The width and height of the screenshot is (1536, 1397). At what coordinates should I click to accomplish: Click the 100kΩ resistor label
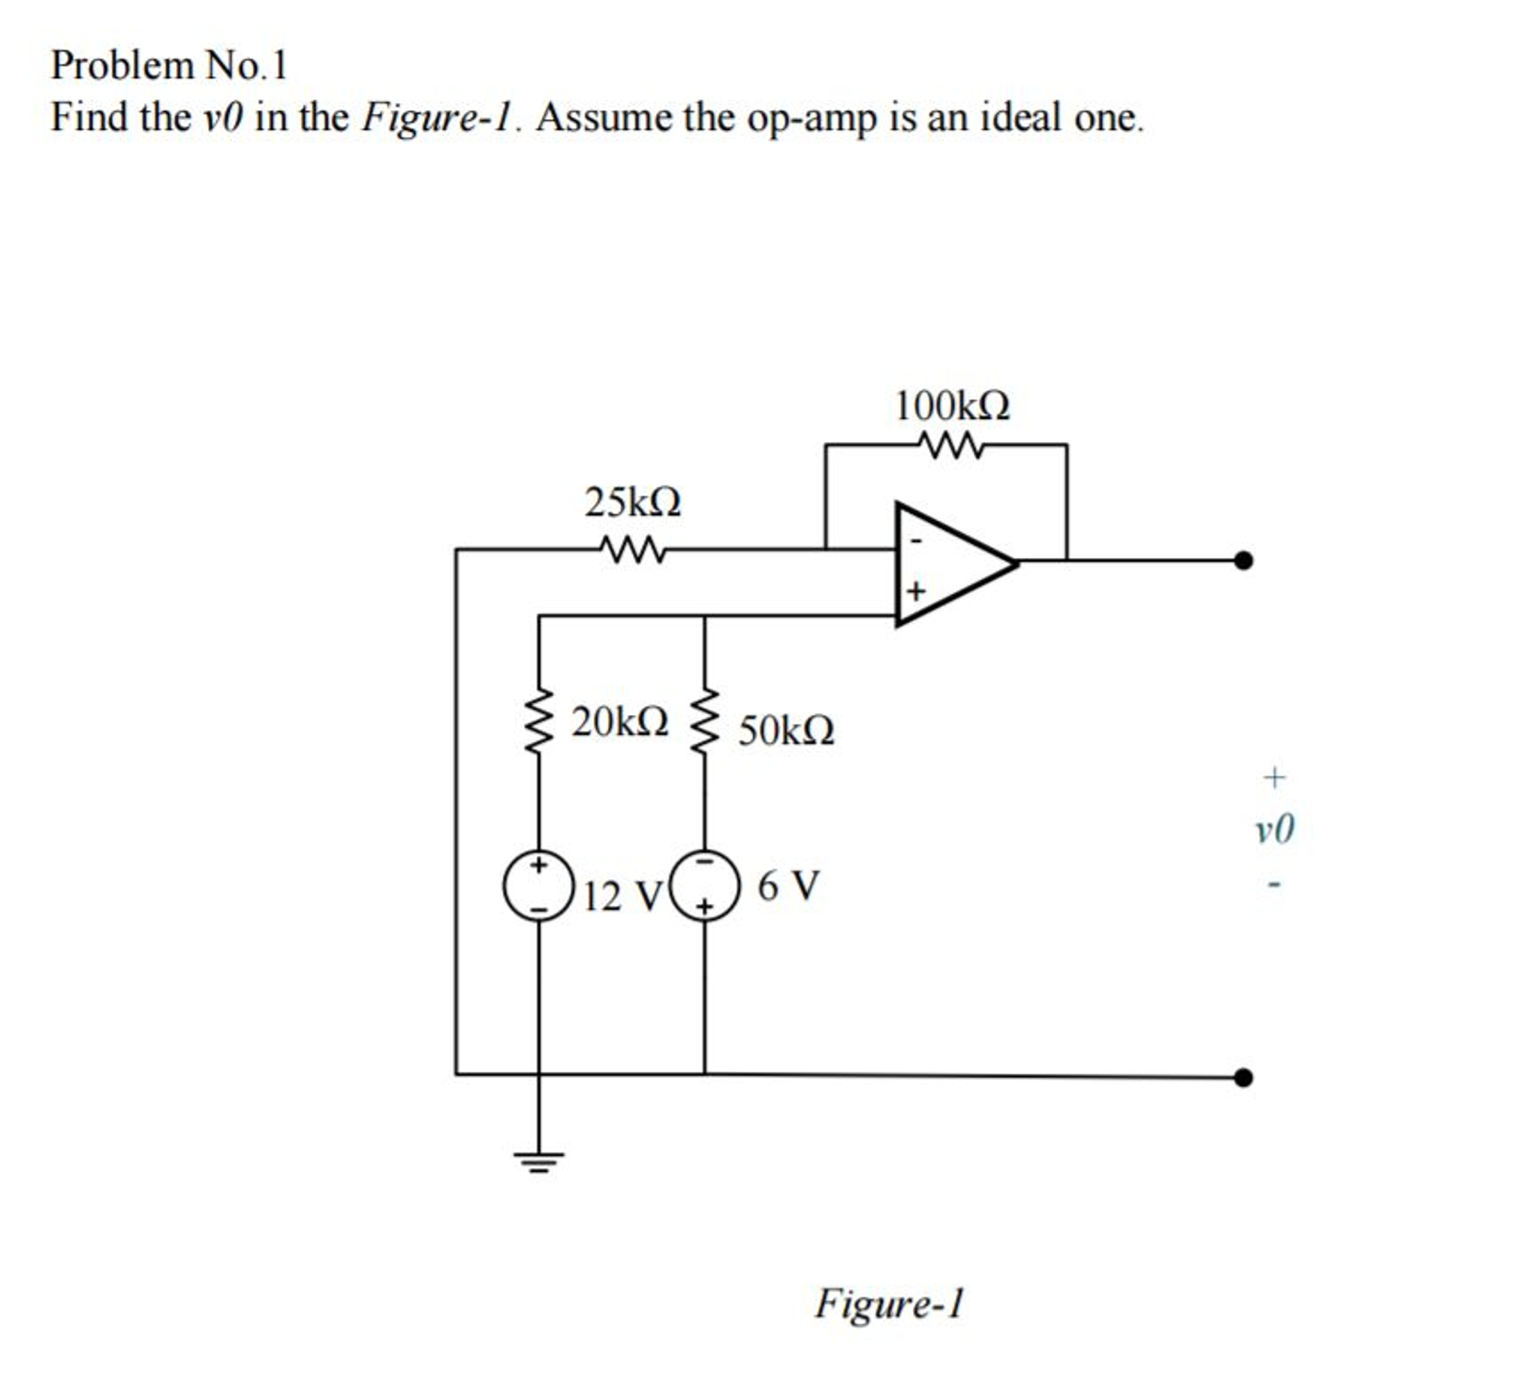(x=952, y=406)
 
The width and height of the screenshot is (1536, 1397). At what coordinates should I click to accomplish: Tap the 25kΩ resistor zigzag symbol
(x=631, y=549)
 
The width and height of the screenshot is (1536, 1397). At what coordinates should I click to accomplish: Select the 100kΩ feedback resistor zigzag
(x=950, y=445)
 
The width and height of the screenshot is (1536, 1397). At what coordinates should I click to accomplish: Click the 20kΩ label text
(x=620, y=721)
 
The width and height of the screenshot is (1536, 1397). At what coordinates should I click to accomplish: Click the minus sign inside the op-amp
(x=917, y=540)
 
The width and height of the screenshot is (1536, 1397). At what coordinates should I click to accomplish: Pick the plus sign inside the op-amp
(x=916, y=590)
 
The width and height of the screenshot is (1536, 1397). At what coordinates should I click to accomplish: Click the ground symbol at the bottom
(x=539, y=1162)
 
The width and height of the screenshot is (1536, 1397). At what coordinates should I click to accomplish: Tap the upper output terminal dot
(x=1242, y=561)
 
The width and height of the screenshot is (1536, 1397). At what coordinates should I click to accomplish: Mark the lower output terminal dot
(x=1242, y=1077)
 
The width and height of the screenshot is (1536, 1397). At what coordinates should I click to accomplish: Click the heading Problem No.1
(x=168, y=65)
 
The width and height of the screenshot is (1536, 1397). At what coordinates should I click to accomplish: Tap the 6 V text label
(x=788, y=886)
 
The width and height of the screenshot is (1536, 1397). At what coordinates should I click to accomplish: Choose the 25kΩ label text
(x=632, y=502)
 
